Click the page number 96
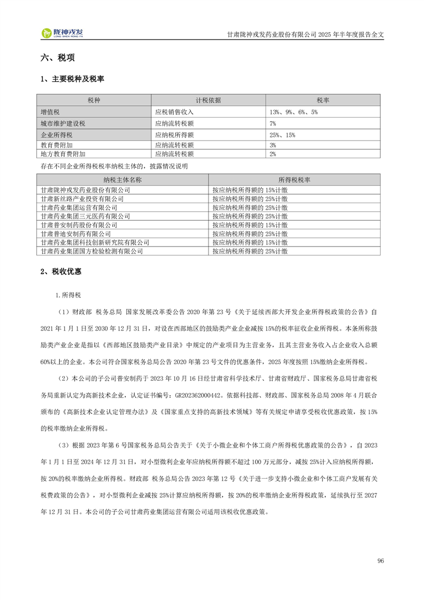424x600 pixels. coord(381,560)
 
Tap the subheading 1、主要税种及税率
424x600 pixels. coord(72,79)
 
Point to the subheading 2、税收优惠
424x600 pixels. coord(61,272)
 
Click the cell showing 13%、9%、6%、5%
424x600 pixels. coord(294,112)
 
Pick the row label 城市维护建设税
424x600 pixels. coord(63,124)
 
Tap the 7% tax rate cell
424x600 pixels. coord(273,124)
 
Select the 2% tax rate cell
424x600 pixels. coord(273,153)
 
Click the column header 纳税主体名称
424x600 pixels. coord(122,180)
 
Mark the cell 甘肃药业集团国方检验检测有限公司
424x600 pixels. coord(92,250)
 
